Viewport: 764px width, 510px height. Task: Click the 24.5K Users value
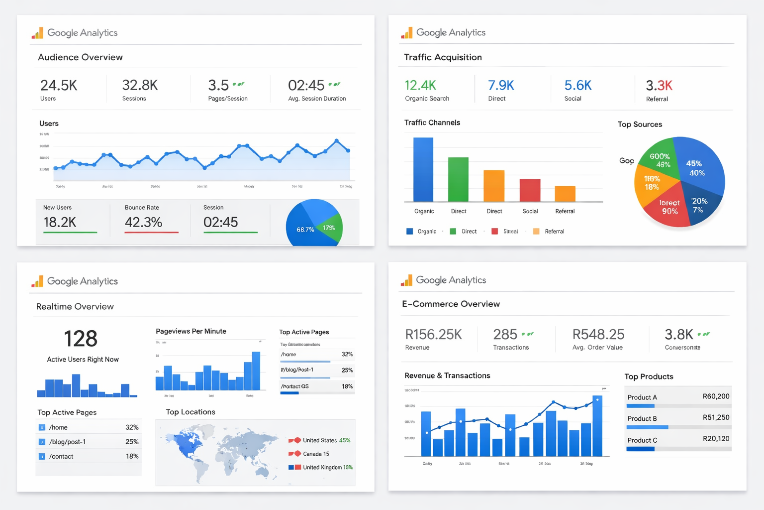pyautogui.click(x=59, y=86)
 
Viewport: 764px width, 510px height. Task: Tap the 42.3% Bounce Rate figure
pyautogui.click(x=143, y=222)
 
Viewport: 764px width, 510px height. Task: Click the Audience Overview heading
pyautogui.click(x=80, y=57)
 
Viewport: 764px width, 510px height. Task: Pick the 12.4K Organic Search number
pyautogui.click(x=420, y=86)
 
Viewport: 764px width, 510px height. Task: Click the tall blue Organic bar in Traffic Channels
pyautogui.click(x=423, y=169)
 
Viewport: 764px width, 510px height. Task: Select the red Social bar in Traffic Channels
pyautogui.click(x=530, y=190)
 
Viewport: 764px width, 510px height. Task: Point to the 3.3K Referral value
pyautogui.click(x=659, y=86)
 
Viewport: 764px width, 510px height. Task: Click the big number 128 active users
pyautogui.click(x=81, y=339)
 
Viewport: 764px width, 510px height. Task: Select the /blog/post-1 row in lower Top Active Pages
pyautogui.click(x=67, y=442)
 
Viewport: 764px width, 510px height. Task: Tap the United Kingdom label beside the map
pyautogui.click(x=322, y=468)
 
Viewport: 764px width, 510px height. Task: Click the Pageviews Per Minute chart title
pyautogui.click(x=191, y=331)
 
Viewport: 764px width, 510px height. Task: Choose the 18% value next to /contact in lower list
pyautogui.click(x=132, y=456)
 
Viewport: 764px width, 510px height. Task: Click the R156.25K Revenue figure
pyautogui.click(x=434, y=335)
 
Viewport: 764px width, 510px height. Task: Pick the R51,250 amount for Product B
pyautogui.click(x=716, y=417)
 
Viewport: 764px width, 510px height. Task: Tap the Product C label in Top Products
pyautogui.click(x=642, y=440)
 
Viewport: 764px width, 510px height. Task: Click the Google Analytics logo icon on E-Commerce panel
pyautogui.click(x=407, y=280)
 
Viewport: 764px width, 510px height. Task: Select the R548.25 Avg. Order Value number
pyautogui.click(x=598, y=335)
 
